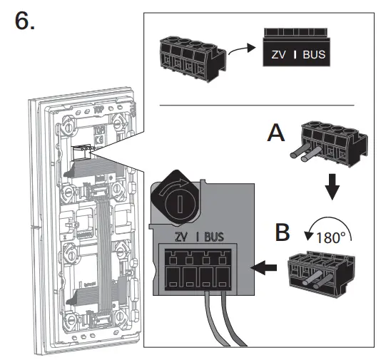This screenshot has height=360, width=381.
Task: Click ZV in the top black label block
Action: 278,54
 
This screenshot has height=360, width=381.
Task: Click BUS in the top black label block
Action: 313,54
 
